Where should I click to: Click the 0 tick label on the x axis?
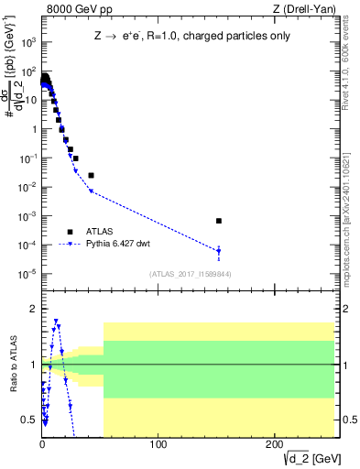(x=42, y=445)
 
